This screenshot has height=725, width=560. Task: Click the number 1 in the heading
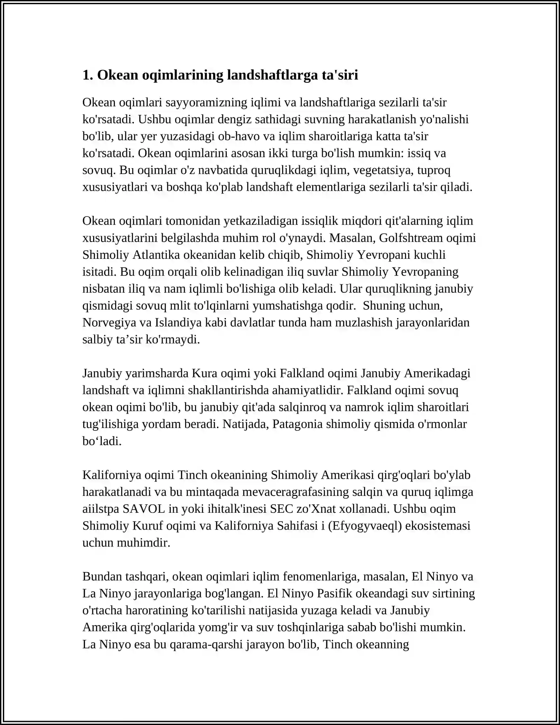(86, 75)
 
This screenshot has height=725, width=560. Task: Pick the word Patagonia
(297, 424)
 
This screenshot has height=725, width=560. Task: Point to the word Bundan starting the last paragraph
(100, 576)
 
